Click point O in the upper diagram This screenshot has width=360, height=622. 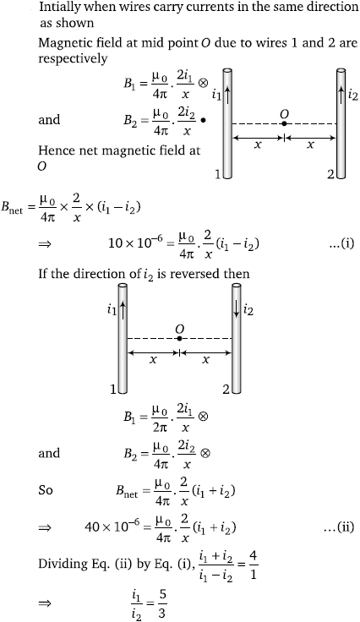point(284,123)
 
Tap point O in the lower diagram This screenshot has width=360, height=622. point(180,338)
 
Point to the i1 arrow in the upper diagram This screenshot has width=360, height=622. point(227,95)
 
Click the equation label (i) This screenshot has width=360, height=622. point(341,243)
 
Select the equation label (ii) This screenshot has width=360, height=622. point(340,527)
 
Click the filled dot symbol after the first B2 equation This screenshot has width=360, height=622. point(204,120)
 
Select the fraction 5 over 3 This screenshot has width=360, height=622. point(161,603)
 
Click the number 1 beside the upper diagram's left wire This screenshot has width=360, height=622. point(218,173)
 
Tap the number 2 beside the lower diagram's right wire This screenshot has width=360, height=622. point(226,389)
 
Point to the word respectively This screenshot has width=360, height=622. point(73,58)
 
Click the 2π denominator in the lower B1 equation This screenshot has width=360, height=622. point(161,428)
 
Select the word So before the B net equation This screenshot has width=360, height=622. point(45,490)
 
